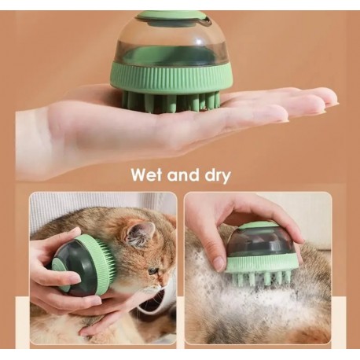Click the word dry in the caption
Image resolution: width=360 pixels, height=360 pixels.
pyautogui.click(x=218, y=175)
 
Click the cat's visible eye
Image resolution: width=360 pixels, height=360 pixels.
pyautogui.click(x=153, y=270)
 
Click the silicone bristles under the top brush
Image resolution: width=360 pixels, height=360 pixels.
pyautogui.click(x=171, y=101)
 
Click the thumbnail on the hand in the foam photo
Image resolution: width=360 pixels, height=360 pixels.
pyautogui.click(x=219, y=263)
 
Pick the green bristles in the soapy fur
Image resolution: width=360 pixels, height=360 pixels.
pyautogui.click(x=258, y=277)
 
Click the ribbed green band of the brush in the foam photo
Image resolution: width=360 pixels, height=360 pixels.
pyautogui.click(x=262, y=263)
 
